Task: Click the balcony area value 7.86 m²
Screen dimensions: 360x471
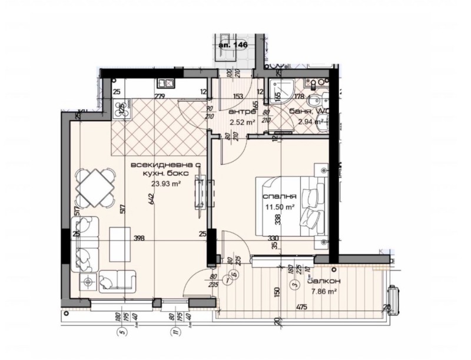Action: [323, 291]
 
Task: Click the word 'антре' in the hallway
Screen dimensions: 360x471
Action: [241, 111]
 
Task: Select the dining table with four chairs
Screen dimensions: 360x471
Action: [95, 186]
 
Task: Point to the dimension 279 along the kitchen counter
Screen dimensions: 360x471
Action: [159, 96]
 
